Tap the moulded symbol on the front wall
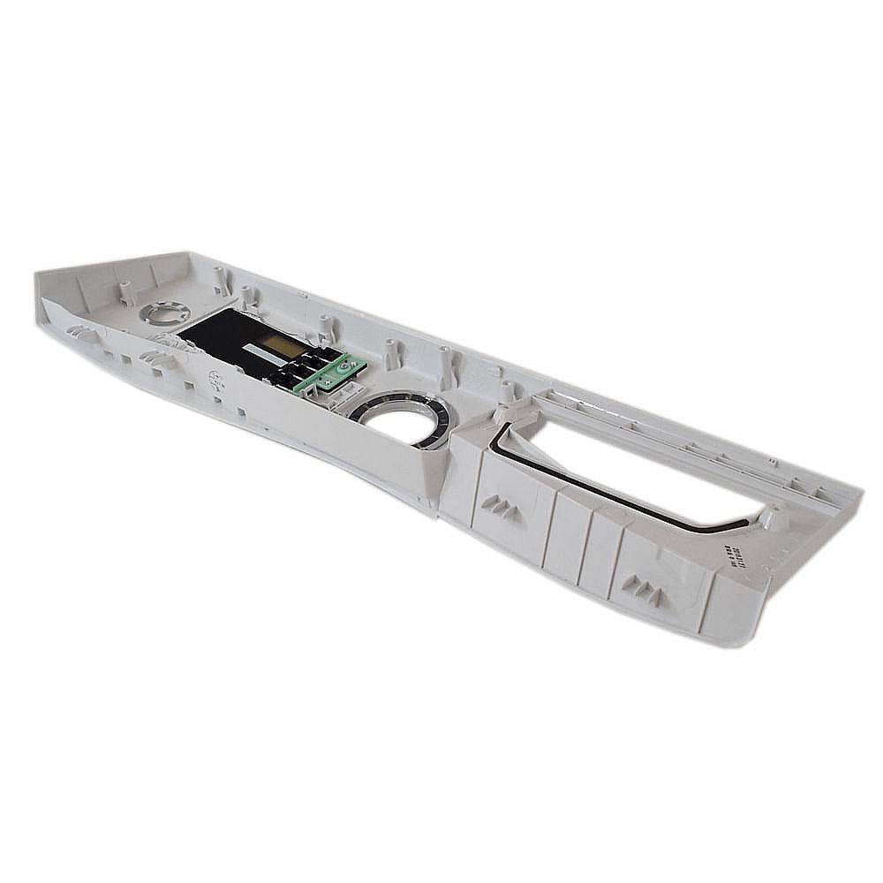(215, 381)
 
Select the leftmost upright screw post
(126, 291)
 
